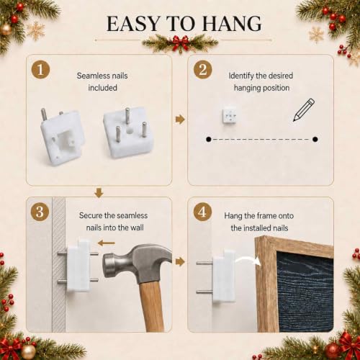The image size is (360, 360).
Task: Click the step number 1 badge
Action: pos(40,70)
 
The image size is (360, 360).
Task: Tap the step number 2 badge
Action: pos(203,70)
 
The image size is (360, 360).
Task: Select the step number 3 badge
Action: pos(40,212)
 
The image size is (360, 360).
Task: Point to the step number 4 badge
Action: pos(202,212)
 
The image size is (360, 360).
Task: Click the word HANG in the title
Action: pos(232,24)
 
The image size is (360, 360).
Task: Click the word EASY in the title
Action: pos(133,24)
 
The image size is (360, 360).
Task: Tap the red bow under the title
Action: pos(180,41)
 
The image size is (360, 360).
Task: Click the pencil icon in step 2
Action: pos(304,109)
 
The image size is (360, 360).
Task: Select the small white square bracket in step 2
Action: pos(229,115)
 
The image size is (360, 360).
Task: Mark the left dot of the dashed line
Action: pos(209,139)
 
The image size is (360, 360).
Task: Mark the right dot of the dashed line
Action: pos(315,139)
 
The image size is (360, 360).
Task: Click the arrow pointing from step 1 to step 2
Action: pos(180,120)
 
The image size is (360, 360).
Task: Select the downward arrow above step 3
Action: pos(99,193)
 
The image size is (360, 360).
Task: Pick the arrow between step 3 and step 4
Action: pos(180,261)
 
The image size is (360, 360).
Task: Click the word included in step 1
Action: pos(102,88)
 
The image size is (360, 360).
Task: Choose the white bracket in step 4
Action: pos(223,276)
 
